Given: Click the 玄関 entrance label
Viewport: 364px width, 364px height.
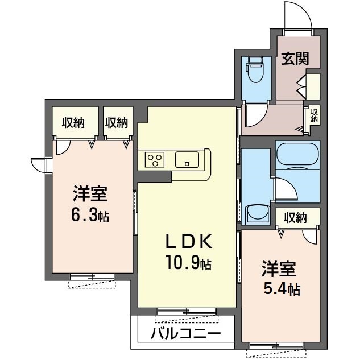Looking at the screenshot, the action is coord(295,59).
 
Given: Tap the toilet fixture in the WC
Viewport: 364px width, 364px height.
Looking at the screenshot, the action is coord(257,69).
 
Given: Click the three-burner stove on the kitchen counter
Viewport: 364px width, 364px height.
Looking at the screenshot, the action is coord(155,159).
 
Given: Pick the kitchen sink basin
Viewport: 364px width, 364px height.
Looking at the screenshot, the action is coord(187,159).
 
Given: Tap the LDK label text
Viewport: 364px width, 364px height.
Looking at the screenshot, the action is coord(188,242).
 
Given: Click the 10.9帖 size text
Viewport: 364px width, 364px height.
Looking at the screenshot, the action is coord(188,262).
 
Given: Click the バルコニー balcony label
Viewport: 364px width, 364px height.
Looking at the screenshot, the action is coord(185,334).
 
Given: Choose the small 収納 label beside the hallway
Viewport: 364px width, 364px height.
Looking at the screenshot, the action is coord(314,115).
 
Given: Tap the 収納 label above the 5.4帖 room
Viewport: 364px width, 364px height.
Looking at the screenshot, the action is coord(296,218).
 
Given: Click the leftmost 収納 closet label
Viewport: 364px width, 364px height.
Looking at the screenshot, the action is coord(73,123).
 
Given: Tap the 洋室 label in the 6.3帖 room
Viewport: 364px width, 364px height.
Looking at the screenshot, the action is coord(90,193).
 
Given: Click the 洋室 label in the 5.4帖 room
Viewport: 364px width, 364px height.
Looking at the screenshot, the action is coord(279,269).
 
